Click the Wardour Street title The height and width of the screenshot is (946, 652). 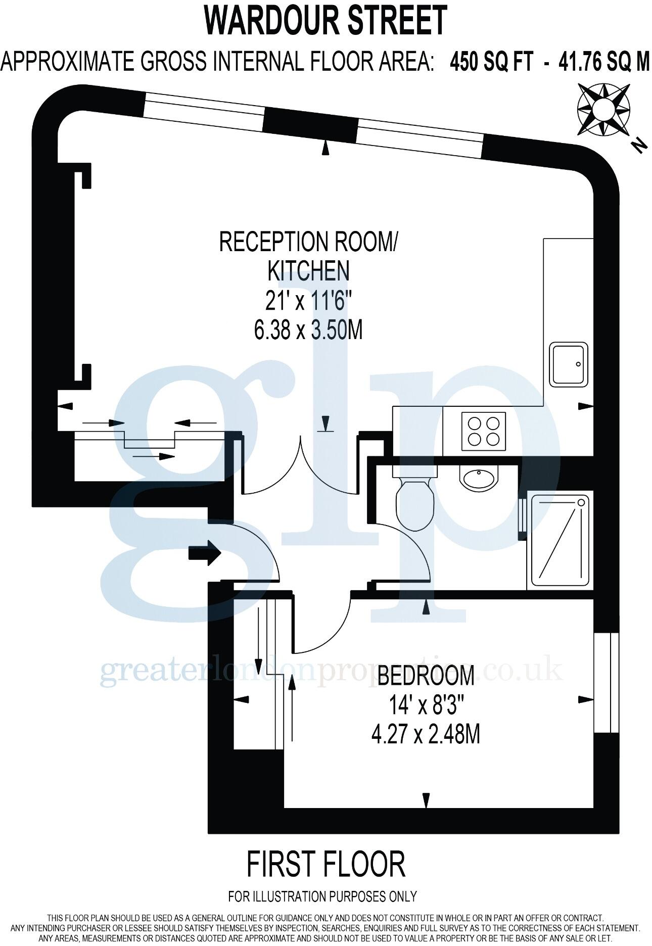[x=325, y=20]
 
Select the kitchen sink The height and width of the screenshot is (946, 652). [x=570, y=364]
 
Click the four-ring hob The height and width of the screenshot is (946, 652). [x=484, y=431]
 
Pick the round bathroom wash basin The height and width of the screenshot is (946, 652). [x=479, y=477]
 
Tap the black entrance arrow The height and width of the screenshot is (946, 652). [x=204, y=554]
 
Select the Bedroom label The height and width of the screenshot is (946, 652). [x=426, y=676]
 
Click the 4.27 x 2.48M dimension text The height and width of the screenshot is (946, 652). [x=426, y=734]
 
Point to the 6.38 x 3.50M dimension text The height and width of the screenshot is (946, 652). [x=308, y=331]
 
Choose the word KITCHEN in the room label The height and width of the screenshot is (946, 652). [x=308, y=270]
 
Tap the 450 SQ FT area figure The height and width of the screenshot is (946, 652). [x=491, y=63]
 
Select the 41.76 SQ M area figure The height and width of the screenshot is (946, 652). [x=603, y=63]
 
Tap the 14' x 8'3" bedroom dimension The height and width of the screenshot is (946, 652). [x=426, y=705]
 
